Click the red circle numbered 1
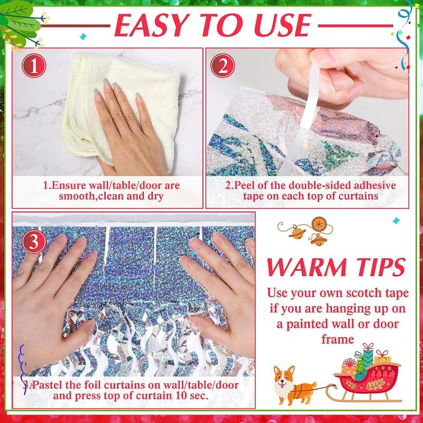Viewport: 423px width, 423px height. point(34,67)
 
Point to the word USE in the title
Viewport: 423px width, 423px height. point(276,25)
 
